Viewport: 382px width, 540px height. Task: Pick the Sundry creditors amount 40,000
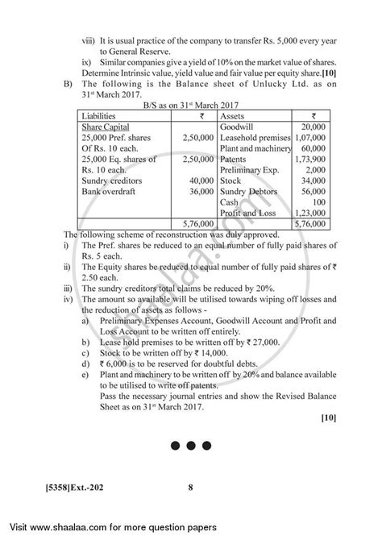point(191,181)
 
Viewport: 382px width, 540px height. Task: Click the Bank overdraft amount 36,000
point(191,191)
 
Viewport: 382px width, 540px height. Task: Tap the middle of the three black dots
point(191,468)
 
